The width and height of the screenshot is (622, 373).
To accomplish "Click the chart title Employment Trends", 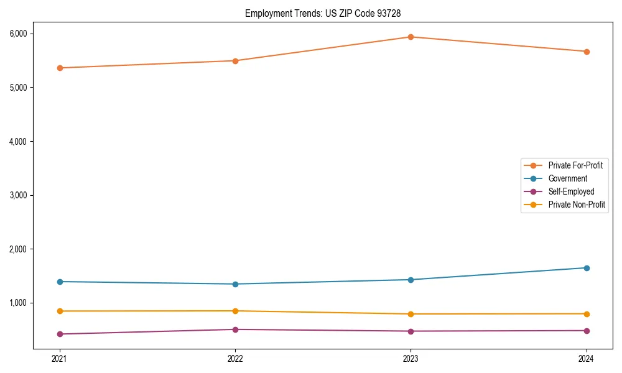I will click(x=327, y=13).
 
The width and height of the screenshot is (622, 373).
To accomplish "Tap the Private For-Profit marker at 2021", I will click(x=60, y=68).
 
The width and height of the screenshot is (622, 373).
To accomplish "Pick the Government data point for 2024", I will click(x=587, y=268).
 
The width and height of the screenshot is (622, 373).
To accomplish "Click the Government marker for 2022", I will click(x=235, y=284).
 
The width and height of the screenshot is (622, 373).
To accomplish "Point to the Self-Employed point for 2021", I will click(x=60, y=334).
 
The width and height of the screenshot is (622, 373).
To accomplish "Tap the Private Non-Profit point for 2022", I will click(x=235, y=311).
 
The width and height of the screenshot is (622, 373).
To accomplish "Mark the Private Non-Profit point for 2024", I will click(x=587, y=314).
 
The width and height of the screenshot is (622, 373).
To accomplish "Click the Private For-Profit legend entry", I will click(x=575, y=165).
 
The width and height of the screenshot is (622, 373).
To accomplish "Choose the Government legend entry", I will click(x=567, y=178).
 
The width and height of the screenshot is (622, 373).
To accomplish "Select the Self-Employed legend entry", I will click(x=571, y=191).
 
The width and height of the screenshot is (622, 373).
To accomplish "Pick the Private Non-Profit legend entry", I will click(x=577, y=205).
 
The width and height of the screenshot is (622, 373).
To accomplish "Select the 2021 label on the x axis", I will click(x=60, y=359).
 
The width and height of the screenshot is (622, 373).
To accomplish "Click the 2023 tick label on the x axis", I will click(x=411, y=359).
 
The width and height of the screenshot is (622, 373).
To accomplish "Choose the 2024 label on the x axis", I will click(x=587, y=359).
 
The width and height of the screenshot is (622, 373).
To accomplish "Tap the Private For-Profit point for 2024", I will click(x=587, y=52).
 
